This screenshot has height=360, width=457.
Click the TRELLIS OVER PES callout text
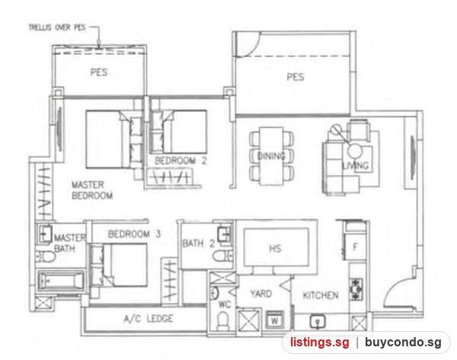[x=57, y=27]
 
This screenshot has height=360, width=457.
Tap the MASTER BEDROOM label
[x=92, y=190]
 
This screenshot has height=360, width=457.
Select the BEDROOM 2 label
[x=181, y=161]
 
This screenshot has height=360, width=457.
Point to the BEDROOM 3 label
[x=134, y=234]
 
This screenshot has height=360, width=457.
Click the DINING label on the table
[x=272, y=157]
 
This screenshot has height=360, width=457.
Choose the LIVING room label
[x=356, y=166]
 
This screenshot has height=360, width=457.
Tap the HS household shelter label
[x=275, y=248]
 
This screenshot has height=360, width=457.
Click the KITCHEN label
[x=321, y=295]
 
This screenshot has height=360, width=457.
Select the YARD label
[x=261, y=294]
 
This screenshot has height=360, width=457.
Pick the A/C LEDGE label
[x=149, y=319]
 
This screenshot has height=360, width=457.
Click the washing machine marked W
[x=274, y=320]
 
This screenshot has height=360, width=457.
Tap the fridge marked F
[x=355, y=247]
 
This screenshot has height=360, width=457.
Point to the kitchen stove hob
[x=356, y=289]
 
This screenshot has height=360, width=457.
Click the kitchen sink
[x=318, y=321]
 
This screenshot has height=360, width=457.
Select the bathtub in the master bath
[x=61, y=281]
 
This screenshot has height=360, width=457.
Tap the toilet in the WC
[x=223, y=320]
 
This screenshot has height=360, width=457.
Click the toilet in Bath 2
[x=222, y=256]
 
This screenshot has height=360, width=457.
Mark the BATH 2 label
[x=198, y=244]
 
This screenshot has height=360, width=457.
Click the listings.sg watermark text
[x=319, y=342]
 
